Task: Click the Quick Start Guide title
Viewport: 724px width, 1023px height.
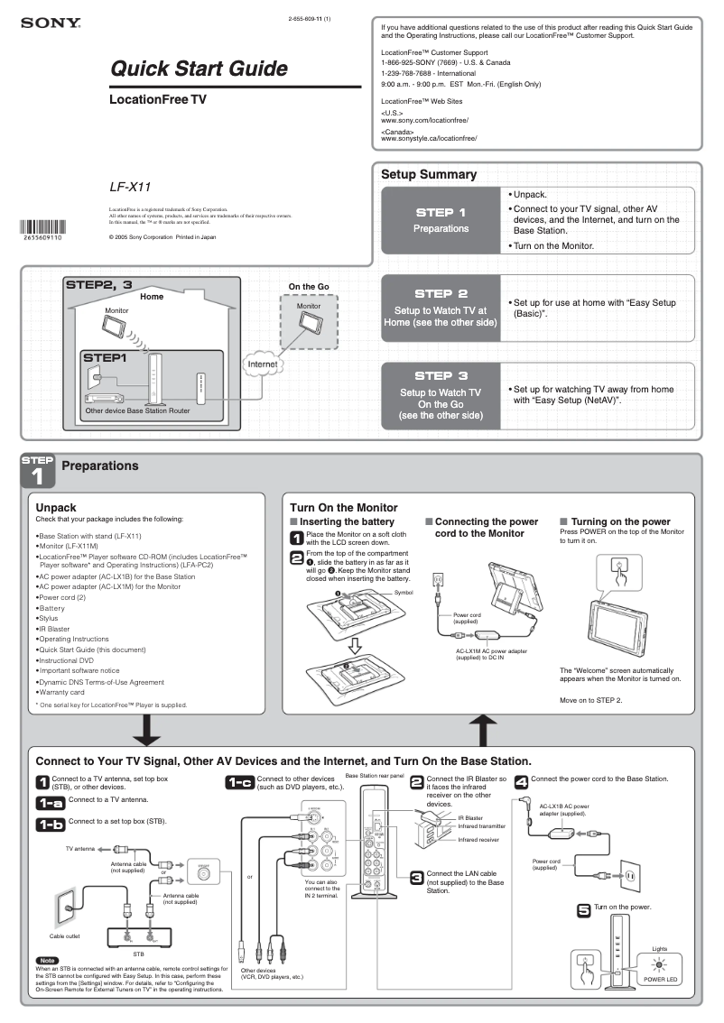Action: click(x=199, y=69)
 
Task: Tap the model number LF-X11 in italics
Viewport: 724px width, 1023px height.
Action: click(x=130, y=187)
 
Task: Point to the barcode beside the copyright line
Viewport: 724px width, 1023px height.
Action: click(x=42, y=226)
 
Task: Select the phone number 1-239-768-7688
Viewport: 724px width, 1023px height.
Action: click(x=413, y=73)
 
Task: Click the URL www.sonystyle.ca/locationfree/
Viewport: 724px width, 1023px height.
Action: click(x=429, y=139)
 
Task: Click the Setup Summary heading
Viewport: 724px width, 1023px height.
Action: click(x=428, y=174)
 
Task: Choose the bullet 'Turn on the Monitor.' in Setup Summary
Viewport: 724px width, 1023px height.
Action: click(x=553, y=245)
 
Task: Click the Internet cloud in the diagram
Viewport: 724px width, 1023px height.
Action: click(x=264, y=364)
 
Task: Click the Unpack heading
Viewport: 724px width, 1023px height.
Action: click(x=55, y=508)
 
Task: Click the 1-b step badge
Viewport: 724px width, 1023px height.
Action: click(x=50, y=824)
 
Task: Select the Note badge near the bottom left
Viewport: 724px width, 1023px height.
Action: click(x=47, y=959)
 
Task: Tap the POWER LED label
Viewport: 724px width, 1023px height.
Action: click(x=659, y=979)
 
